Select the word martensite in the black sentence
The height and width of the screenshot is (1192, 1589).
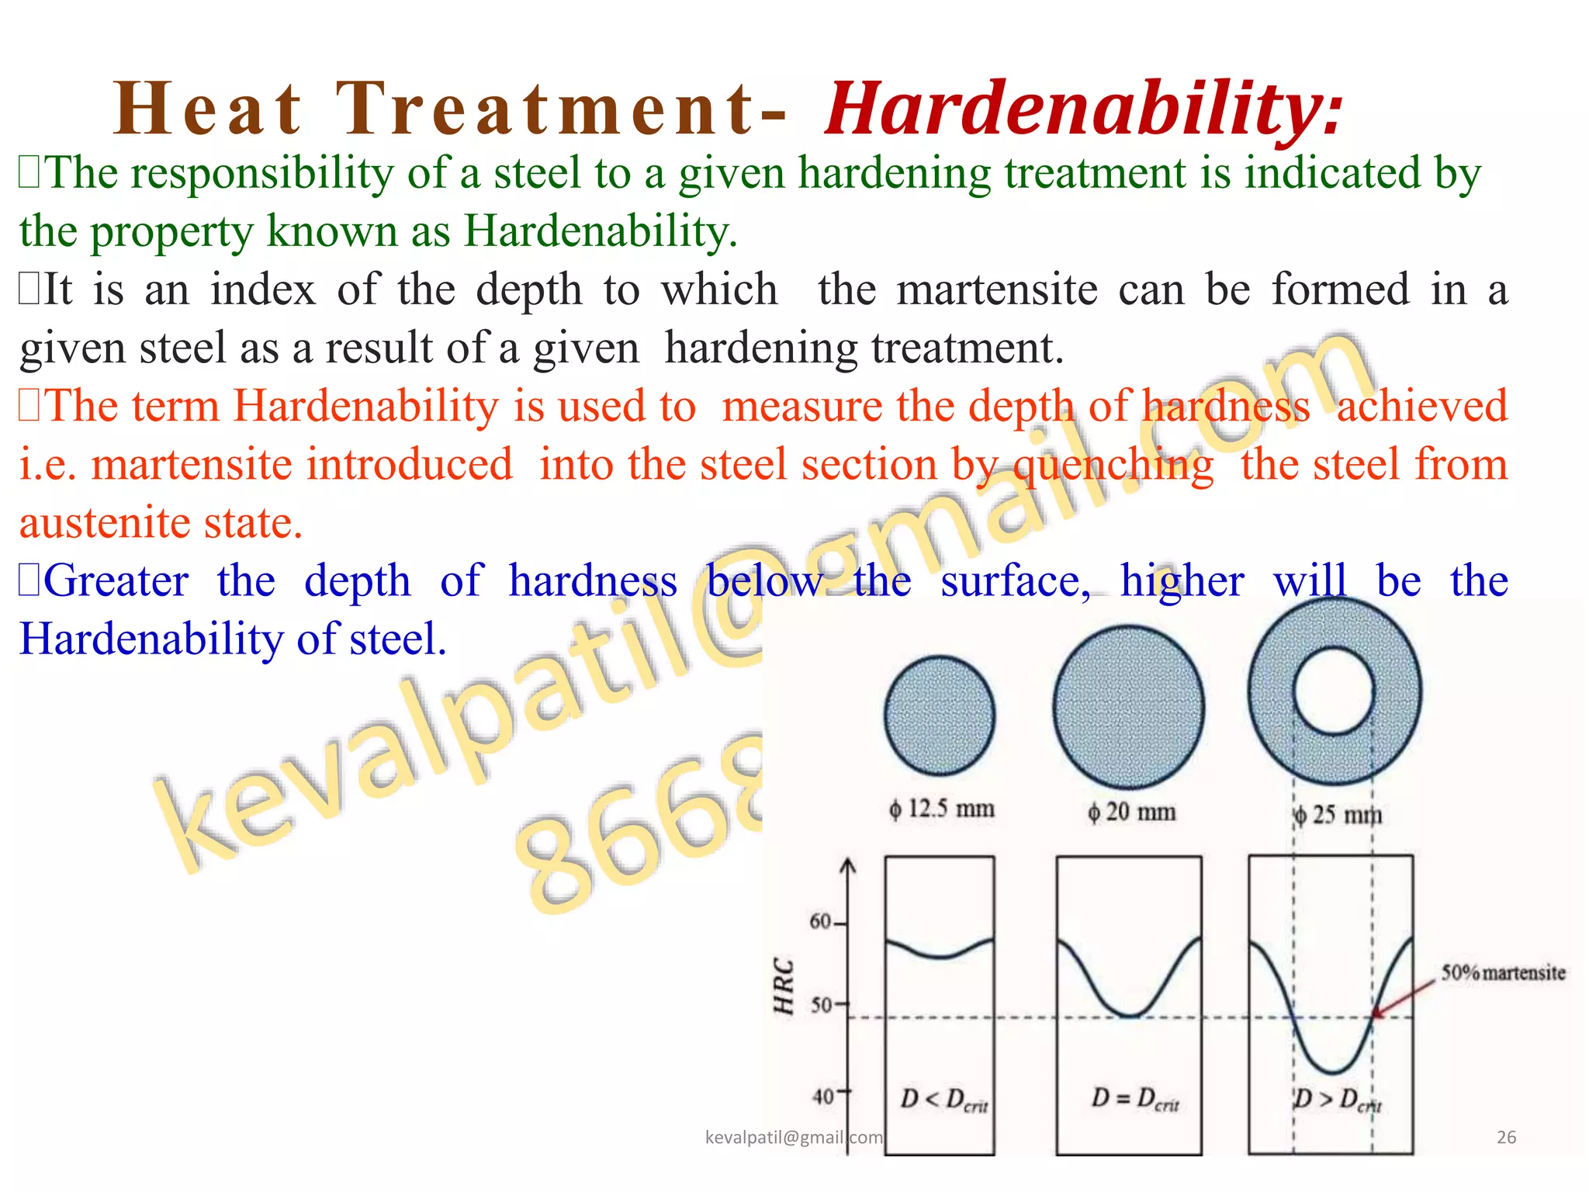tap(997, 289)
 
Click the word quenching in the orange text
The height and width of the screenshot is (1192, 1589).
tap(1113, 466)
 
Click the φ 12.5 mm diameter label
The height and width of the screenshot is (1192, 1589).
tap(942, 809)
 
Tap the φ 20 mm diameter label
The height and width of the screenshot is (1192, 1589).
tap(1132, 812)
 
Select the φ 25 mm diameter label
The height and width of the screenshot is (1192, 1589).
tap(1337, 815)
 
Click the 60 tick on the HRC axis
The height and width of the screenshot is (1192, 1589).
tap(821, 921)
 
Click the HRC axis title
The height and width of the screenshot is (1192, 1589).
tap(784, 986)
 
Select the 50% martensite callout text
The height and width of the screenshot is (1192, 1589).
tap(1503, 972)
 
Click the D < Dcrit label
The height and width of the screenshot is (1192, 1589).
tap(943, 1100)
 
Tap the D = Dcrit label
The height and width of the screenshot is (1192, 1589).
tap(1134, 1099)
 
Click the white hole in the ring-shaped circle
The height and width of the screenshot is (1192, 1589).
tap(1334, 691)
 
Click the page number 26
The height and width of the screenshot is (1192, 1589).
tap(1506, 1138)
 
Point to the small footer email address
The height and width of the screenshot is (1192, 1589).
tap(793, 1138)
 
